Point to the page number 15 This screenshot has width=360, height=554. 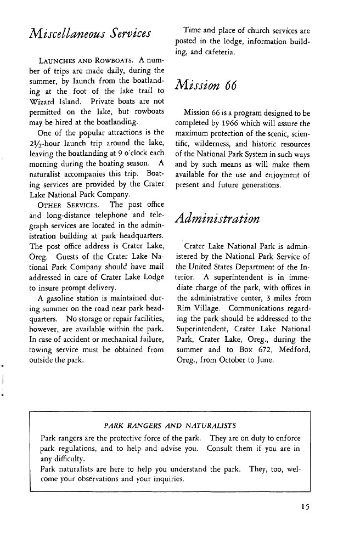(x=306, y=506)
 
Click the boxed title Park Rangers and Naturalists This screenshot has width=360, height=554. (x=170, y=425)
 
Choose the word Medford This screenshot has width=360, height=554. (x=294, y=349)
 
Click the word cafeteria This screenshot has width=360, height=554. (x=218, y=52)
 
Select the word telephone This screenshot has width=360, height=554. (x=105, y=216)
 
